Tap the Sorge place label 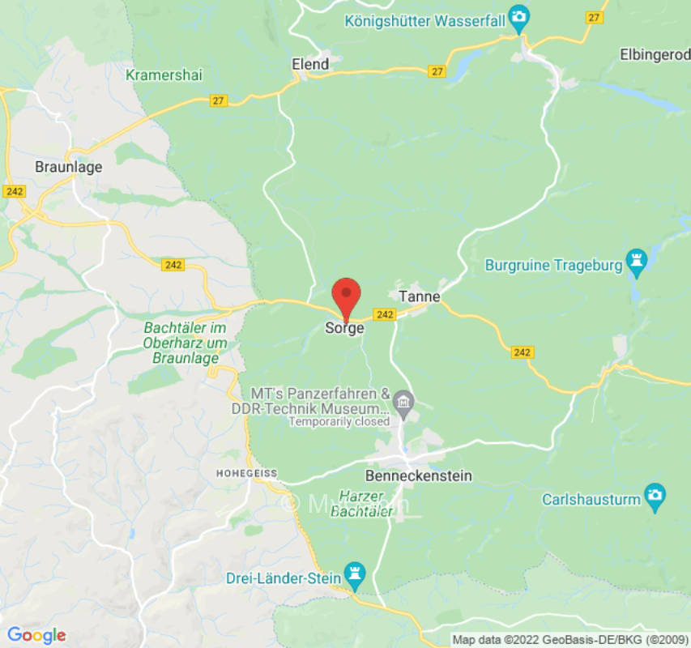point(344,328)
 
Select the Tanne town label point(420,296)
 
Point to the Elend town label point(310,64)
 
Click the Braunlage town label point(68,167)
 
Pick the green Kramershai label point(164,75)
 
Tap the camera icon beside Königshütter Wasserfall point(518,16)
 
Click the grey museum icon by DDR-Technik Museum point(403,400)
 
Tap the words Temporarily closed point(339,421)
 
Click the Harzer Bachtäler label point(365,502)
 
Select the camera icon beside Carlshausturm point(655,493)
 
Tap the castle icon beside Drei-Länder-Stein point(354,573)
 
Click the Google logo point(36,635)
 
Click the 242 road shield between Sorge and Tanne point(385,314)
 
